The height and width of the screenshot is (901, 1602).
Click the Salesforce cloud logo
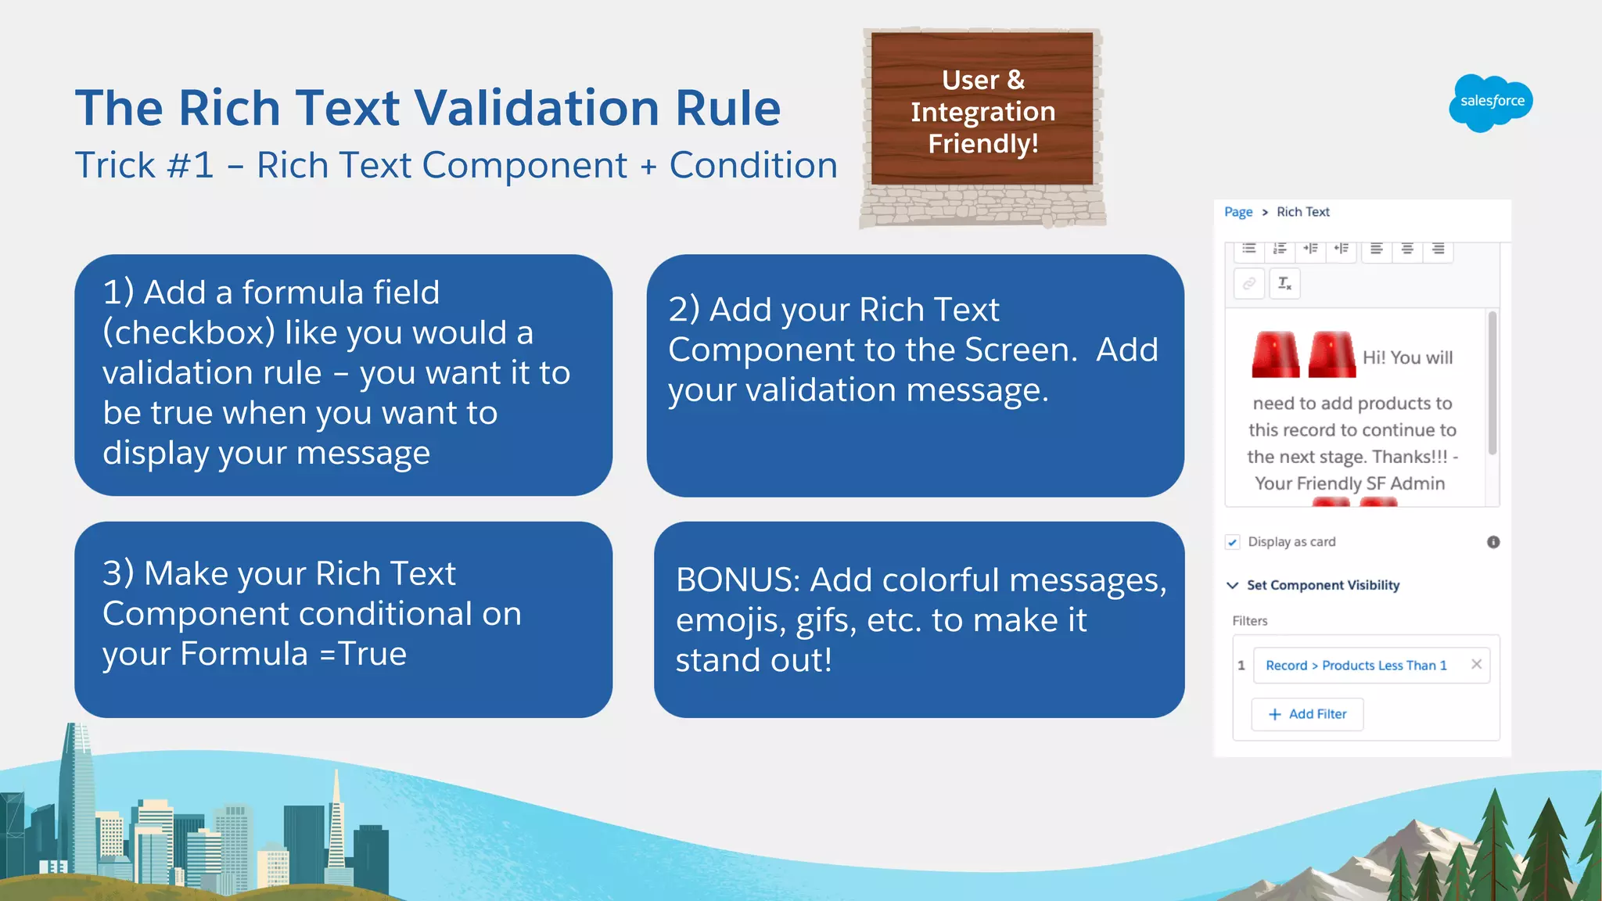[1491, 102]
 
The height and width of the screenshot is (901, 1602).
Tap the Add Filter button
[1307, 714]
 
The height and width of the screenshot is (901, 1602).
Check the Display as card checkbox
[1233, 542]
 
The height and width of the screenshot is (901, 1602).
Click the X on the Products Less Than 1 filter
[1476, 664]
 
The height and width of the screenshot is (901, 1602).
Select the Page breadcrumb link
[1237, 212]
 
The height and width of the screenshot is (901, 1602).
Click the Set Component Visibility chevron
[1233, 585]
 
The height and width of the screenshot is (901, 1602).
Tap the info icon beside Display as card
[1492, 542]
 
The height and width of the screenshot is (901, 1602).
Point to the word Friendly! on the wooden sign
[982, 144]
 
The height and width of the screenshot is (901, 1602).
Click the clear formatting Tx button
[1284, 283]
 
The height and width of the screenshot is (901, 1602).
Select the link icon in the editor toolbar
[1249, 283]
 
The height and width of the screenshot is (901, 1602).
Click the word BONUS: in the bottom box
[738, 580]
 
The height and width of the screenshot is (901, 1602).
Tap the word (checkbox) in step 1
[189, 332]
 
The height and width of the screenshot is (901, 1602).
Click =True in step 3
[363, 654]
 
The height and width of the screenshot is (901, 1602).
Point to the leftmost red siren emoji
[1275, 355]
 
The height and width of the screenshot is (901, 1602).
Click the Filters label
[1249, 621]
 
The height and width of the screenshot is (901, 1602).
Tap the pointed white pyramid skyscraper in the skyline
[336, 821]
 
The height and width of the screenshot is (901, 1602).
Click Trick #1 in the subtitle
[144, 166]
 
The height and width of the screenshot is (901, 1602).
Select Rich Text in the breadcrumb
[1302, 212]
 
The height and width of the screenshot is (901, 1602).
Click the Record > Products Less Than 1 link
[1356, 666]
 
